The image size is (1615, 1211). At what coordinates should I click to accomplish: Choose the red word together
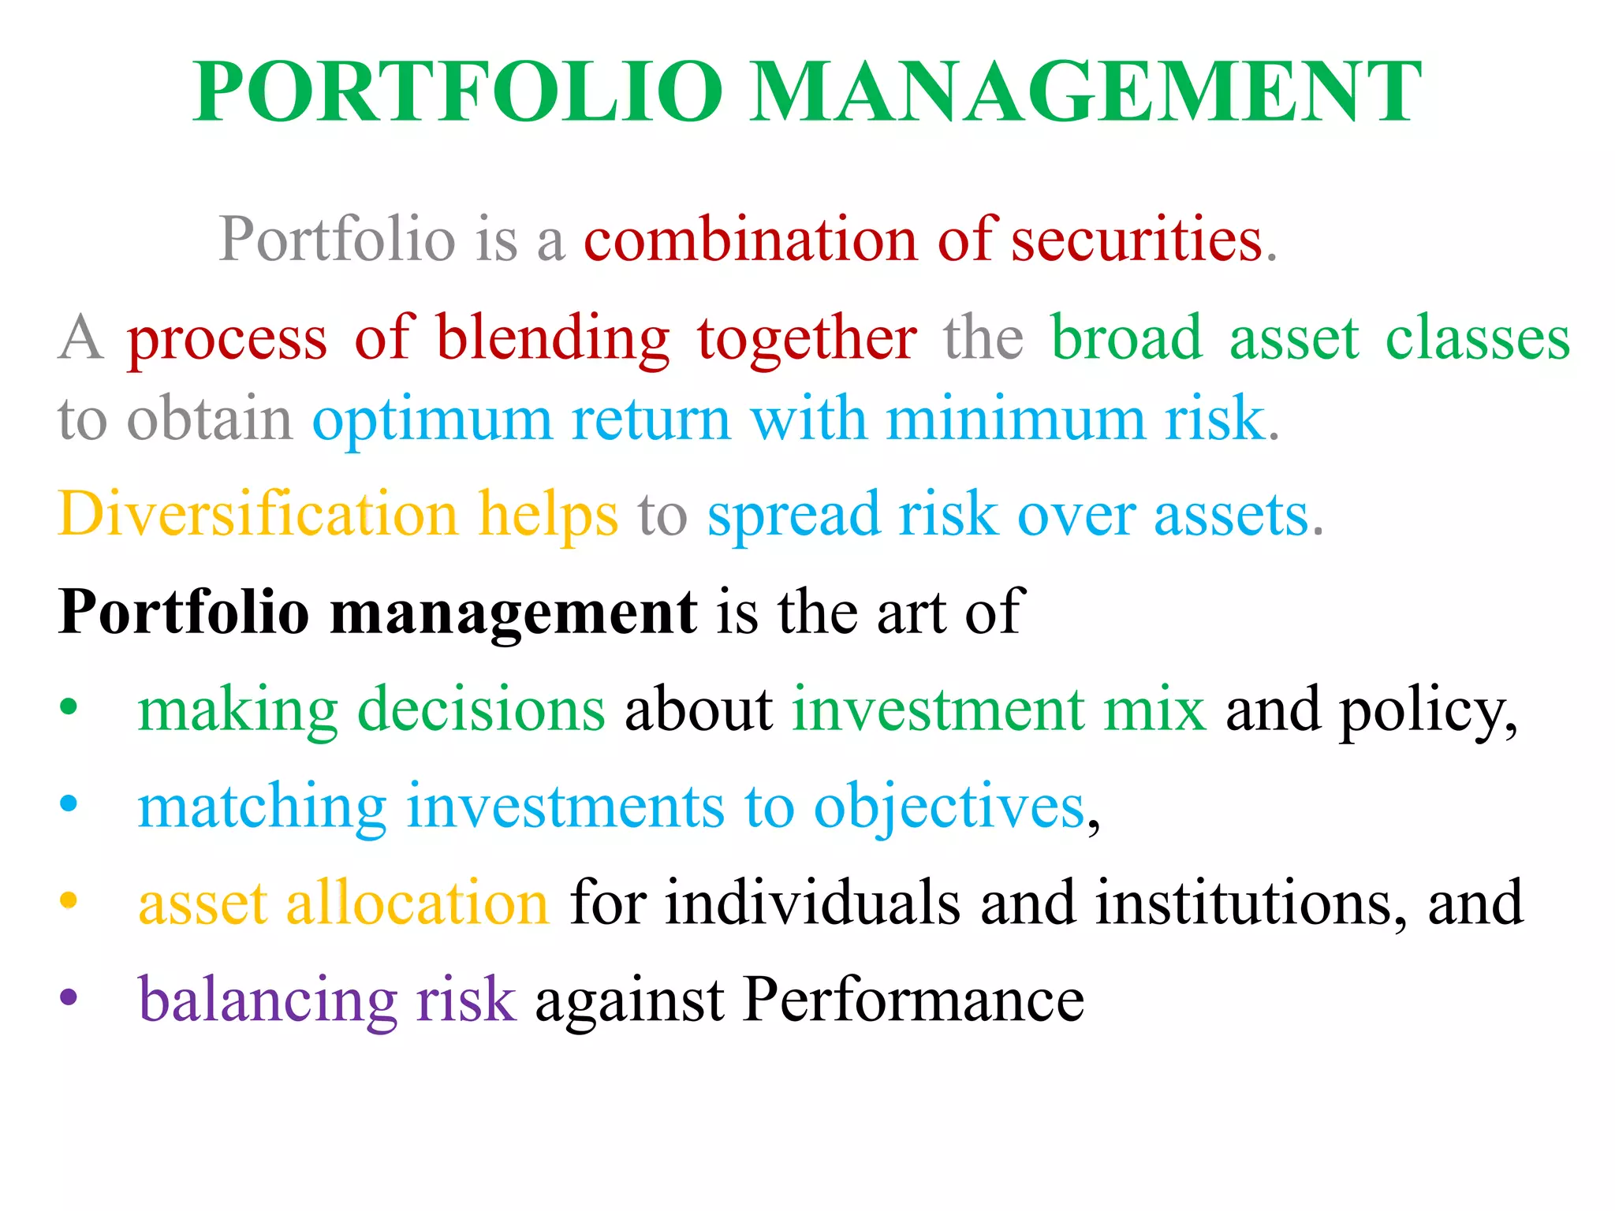[x=807, y=339]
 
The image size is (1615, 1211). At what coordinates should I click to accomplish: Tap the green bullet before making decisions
[x=69, y=706]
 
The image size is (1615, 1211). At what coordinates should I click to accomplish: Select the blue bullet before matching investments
[x=69, y=803]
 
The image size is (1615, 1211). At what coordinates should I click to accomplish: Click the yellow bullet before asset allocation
[x=69, y=900]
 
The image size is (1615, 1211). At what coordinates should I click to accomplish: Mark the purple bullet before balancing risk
[x=69, y=997]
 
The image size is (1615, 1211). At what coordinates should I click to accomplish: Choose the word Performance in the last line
[x=913, y=1000]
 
